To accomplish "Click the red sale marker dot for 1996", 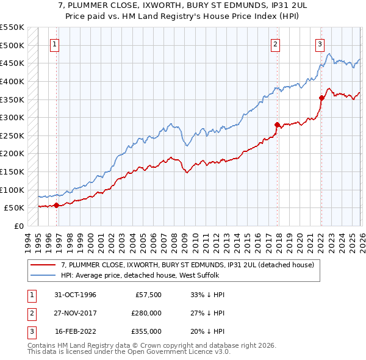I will [57, 205].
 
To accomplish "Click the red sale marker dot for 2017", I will [277, 124].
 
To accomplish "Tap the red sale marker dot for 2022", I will [321, 97].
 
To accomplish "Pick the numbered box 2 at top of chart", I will [276, 43].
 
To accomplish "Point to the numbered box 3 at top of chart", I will [320, 43].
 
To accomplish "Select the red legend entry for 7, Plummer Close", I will [187, 265].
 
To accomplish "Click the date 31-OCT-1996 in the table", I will [75, 295].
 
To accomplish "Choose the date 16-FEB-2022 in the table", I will [75, 331].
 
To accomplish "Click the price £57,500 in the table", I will [147, 295].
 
